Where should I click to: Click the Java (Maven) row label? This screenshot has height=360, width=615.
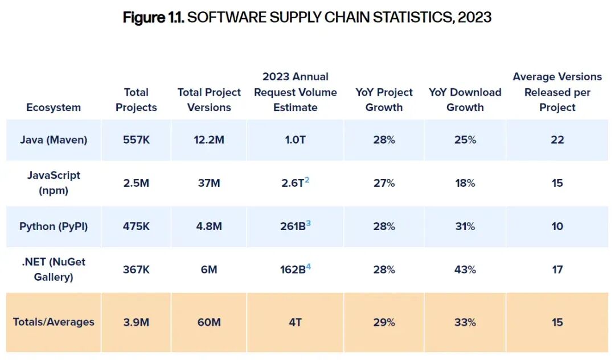click(x=54, y=140)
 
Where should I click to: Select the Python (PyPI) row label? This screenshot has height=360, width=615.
click(x=54, y=226)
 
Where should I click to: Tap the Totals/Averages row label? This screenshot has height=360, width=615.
click(x=54, y=322)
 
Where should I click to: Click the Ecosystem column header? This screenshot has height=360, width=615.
click(x=54, y=107)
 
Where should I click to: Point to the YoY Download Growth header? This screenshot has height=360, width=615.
click(x=465, y=100)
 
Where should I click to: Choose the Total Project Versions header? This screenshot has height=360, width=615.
click(x=209, y=100)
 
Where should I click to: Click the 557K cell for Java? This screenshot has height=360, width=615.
click(x=136, y=140)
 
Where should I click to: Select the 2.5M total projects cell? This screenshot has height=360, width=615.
click(x=136, y=183)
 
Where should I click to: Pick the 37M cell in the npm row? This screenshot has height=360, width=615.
click(x=209, y=183)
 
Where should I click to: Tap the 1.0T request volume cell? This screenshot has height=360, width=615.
click(x=295, y=140)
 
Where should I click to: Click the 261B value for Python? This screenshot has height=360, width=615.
click(x=292, y=226)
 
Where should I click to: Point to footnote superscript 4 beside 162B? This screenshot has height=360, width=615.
click(x=308, y=265)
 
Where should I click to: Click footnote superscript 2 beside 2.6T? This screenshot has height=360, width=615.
click(x=307, y=179)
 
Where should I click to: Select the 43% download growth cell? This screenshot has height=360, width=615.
click(x=465, y=269)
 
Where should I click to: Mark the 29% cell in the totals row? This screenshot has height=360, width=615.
click(x=384, y=322)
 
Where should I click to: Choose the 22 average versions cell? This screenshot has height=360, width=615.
click(x=557, y=140)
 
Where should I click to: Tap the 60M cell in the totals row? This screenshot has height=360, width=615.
click(x=209, y=322)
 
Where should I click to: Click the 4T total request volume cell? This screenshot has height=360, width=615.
click(x=295, y=322)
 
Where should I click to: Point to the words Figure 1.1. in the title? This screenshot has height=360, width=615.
click(x=153, y=17)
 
